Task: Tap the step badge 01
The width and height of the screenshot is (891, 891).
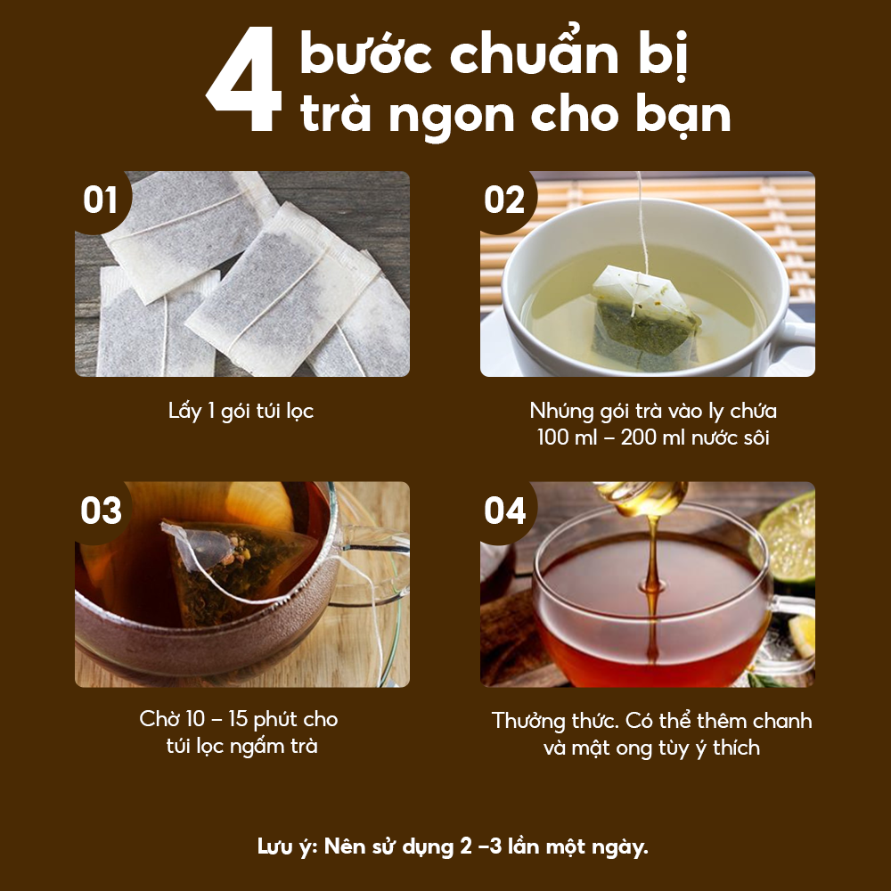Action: pos(101,200)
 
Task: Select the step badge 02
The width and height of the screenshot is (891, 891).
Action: pos(504,200)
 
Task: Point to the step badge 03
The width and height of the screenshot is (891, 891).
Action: pos(101,511)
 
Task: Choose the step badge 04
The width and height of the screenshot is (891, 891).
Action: pos(505,511)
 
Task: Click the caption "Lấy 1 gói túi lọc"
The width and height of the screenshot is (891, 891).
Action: pos(241,412)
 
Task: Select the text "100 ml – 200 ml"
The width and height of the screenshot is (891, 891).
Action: pos(606,437)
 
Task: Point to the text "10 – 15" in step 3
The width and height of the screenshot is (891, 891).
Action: pos(224,719)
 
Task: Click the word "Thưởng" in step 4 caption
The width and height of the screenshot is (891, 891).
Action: pos(533,721)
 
